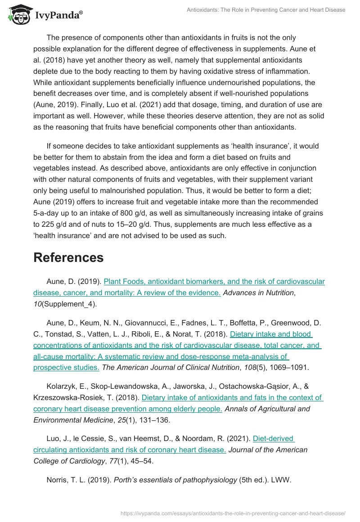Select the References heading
[x=68, y=257]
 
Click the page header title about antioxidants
[x=266, y=10]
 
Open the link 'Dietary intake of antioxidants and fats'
[x=232, y=397]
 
